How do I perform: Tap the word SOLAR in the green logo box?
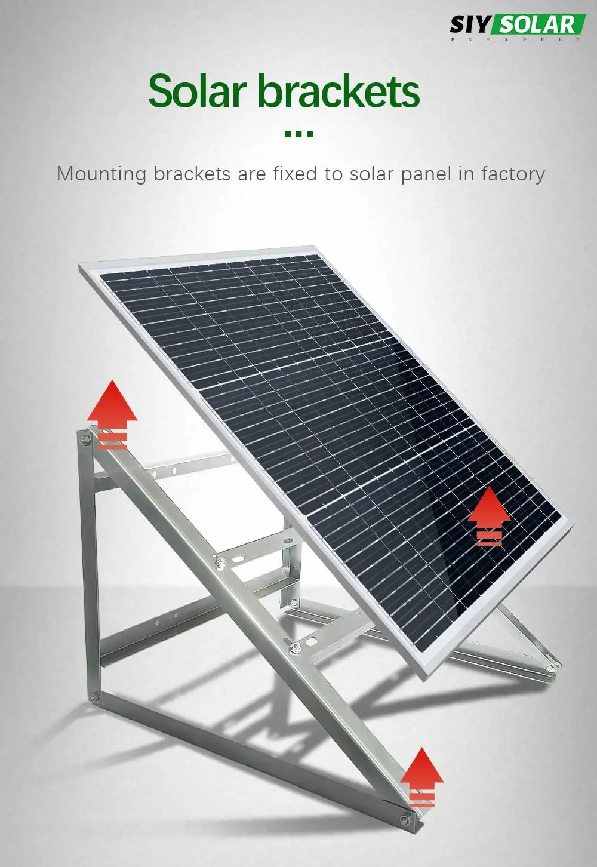tap(538, 24)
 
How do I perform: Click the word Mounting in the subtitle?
tap(101, 174)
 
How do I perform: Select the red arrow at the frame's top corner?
tap(112, 414)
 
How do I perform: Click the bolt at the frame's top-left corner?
tap(85, 439)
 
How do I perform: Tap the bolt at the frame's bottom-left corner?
tap(93, 697)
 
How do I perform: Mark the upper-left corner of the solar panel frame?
tap(79, 265)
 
